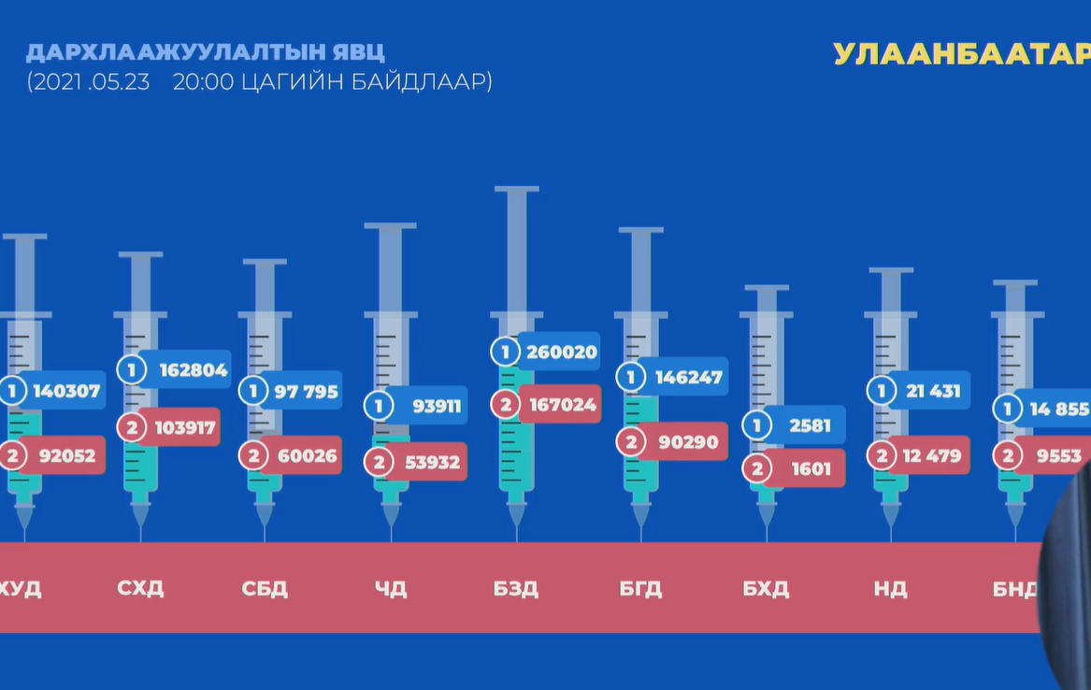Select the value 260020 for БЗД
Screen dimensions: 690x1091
pyautogui.click(x=562, y=352)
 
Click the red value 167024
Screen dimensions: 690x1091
pyautogui.click(x=562, y=405)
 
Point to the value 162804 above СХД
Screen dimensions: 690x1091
pyautogui.click(x=194, y=370)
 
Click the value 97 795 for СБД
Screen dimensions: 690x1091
pyautogui.click(x=307, y=391)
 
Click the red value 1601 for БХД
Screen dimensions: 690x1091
pyautogui.click(x=811, y=468)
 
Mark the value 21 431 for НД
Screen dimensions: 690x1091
pyautogui.click(x=933, y=391)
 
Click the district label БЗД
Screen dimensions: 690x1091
pyautogui.click(x=515, y=589)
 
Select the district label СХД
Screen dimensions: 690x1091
pyautogui.click(x=140, y=588)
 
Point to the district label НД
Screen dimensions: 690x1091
pyautogui.click(x=890, y=589)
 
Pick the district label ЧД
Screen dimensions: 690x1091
pyautogui.click(x=391, y=589)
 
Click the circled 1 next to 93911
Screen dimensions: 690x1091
pyautogui.click(x=379, y=406)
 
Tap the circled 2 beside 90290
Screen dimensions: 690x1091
pyautogui.click(x=631, y=442)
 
